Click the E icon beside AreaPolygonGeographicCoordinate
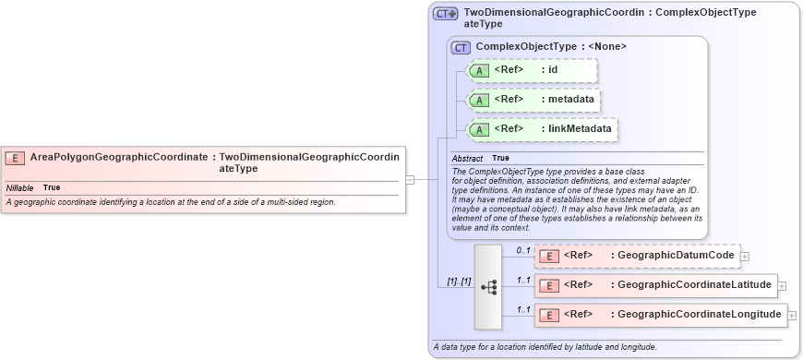(x=15, y=158)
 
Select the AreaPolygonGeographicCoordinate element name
(x=118, y=158)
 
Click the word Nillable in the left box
(x=19, y=187)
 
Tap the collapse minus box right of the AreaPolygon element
(x=410, y=180)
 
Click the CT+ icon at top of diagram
(x=446, y=14)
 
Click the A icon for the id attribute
(x=479, y=70)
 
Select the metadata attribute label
(x=571, y=100)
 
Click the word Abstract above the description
(x=467, y=159)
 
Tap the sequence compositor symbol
(x=488, y=287)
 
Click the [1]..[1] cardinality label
(x=453, y=282)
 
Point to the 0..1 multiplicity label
(x=523, y=251)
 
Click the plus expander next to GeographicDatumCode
(x=745, y=257)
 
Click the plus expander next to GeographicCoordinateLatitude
(x=782, y=286)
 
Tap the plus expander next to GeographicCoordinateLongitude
(x=790, y=316)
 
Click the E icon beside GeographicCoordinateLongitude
(x=549, y=315)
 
